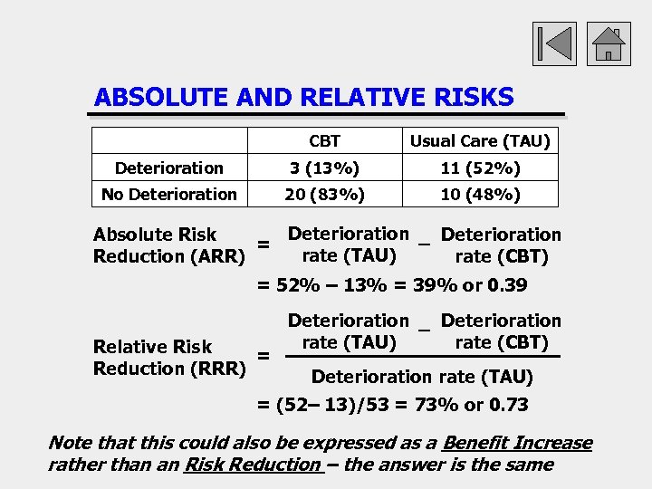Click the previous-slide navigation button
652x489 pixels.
pyautogui.click(x=554, y=42)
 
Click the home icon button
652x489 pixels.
pyautogui.click(x=609, y=42)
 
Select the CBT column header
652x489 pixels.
pyautogui.click(x=324, y=141)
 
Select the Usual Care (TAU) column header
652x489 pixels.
pyautogui.click(x=480, y=141)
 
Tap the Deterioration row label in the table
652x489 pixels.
pyautogui.click(x=169, y=168)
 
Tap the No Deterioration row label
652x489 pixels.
pyautogui.click(x=169, y=194)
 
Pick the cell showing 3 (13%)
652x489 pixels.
pyautogui.click(x=324, y=168)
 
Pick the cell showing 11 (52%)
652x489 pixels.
pyautogui.click(x=480, y=168)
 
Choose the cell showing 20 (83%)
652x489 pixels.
pyautogui.click(x=324, y=194)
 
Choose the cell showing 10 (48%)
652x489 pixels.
pyautogui.click(x=480, y=194)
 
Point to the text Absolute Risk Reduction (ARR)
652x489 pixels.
pyautogui.click(x=168, y=245)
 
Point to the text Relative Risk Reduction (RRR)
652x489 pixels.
pyautogui.click(x=168, y=358)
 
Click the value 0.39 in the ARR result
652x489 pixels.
pyautogui.click(x=507, y=286)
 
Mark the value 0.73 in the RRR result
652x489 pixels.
pyautogui.click(x=508, y=405)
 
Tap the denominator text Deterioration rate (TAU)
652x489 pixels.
pyautogui.click(x=422, y=377)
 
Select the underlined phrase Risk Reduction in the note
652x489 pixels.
pyautogui.click(x=252, y=465)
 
